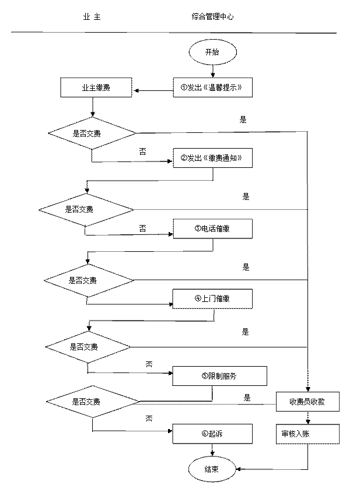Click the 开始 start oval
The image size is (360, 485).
pyautogui.click(x=212, y=52)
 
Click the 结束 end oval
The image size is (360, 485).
pyautogui.click(x=212, y=469)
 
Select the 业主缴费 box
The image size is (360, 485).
pyautogui.click(x=96, y=87)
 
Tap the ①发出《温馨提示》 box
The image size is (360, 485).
pyautogui.click(x=212, y=87)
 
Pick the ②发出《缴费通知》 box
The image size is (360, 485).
pyautogui.click(x=212, y=158)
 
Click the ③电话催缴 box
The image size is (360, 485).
pyautogui.click(x=212, y=229)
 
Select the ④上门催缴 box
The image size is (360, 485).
pyautogui.click(x=212, y=299)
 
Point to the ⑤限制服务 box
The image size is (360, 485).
pyautogui.click(x=219, y=376)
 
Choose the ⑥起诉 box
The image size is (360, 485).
pyautogui.click(x=212, y=434)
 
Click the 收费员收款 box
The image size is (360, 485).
pyautogui.click(x=307, y=402)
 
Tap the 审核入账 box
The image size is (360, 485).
pyautogui.click(x=307, y=434)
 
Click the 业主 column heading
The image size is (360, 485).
pyautogui.click(x=92, y=17)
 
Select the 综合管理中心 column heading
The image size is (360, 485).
pyautogui.click(x=212, y=17)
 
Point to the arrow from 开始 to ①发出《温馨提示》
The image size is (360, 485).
pyautogui.click(x=212, y=71)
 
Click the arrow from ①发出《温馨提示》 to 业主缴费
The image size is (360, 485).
pyautogui.click(x=153, y=90)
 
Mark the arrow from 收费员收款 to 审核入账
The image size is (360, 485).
pyautogui.click(x=307, y=417)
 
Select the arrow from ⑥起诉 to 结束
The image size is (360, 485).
pyautogui.click(x=212, y=450)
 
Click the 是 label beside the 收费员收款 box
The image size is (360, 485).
pyautogui.click(x=247, y=398)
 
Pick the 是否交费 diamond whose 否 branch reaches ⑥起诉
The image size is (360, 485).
pyautogui.click(x=93, y=402)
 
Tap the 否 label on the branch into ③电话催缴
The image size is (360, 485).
pyautogui.click(x=143, y=229)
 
